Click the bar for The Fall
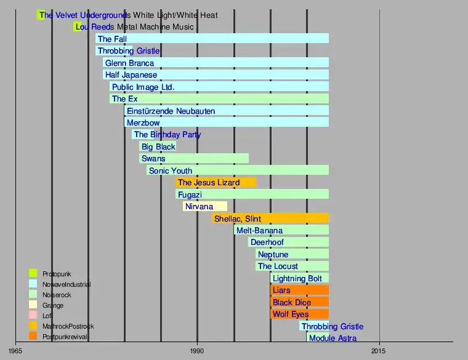212,39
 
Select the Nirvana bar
205,207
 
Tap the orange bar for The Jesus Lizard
216,183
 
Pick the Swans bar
194,159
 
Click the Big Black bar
158,146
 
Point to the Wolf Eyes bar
299,314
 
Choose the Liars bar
299,290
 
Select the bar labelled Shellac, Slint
270,218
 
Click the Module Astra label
333,338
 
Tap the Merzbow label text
143,122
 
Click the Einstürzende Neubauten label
171,111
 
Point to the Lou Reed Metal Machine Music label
134,27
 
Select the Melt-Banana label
259,231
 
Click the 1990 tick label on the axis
197,351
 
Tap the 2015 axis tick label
379,351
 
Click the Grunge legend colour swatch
33,305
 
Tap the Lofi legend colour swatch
33,316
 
